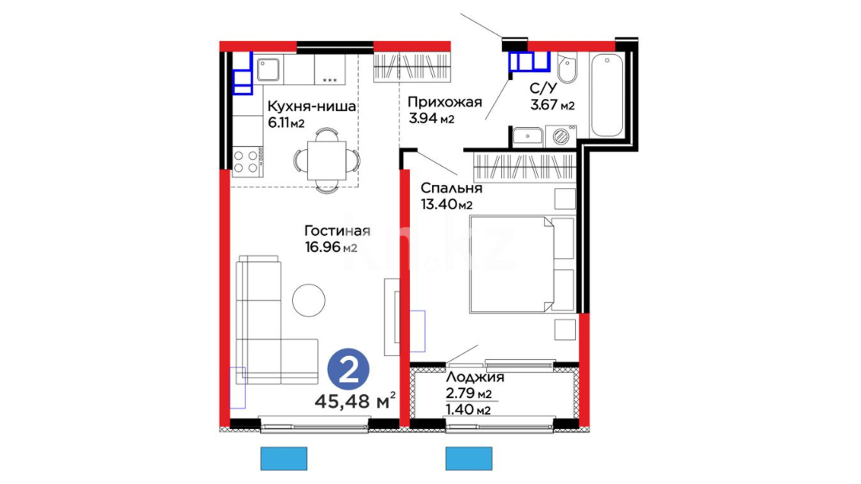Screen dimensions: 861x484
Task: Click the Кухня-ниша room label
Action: tap(312, 107)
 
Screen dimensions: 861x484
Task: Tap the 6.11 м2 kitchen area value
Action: tap(286, 123)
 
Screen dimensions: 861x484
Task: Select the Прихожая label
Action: tap(445, 103)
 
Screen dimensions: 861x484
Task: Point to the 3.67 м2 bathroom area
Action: tap(552, 105)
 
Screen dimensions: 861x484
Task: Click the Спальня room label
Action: tap(452, 188)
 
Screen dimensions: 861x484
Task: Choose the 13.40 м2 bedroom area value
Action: tap(447, 204)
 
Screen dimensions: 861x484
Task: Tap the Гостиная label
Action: tap(337, 231)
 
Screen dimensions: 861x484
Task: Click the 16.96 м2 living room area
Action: tap(331, 247)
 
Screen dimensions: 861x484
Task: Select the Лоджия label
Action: tap(475, 377)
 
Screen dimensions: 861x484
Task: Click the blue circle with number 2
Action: tap(348, 369)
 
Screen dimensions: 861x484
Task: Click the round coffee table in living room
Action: tap(309, 300)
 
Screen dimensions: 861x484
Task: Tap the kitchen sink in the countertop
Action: tap(269, 70)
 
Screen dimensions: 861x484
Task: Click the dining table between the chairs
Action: tap(327, 160)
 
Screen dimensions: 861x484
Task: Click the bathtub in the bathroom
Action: tap(607, 95)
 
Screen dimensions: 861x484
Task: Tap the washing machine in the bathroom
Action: tap(561, 136)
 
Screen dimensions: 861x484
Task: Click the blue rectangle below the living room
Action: tap(284, 458)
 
